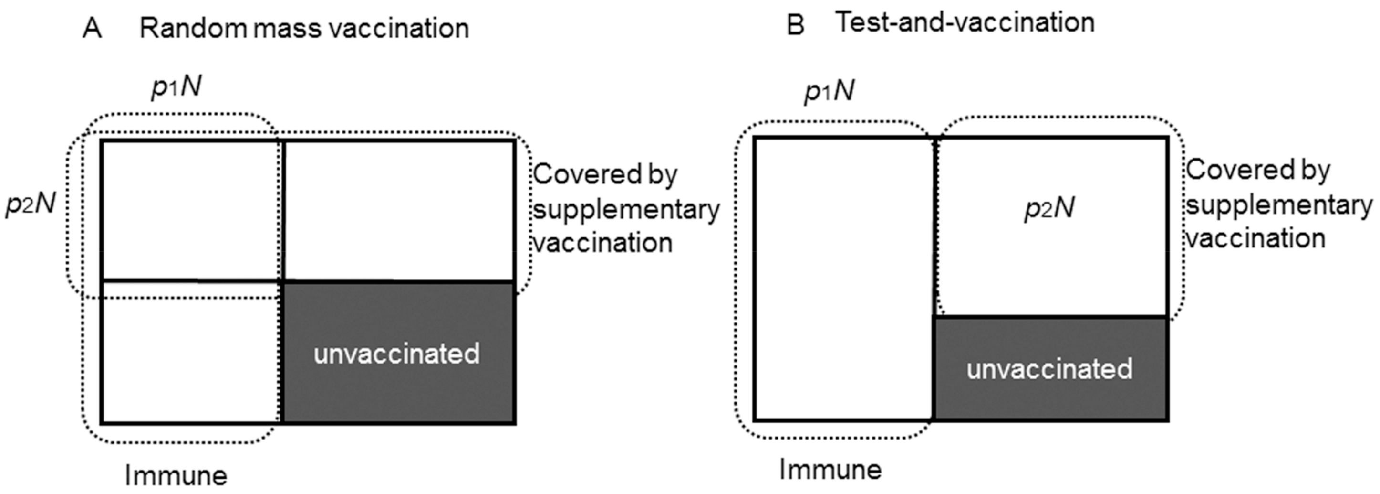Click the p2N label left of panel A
pos(31,204)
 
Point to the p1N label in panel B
pos(829,91)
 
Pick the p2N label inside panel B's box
pos(1049,208)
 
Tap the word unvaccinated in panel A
pos(396,354)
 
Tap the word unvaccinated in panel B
pos(1049,369)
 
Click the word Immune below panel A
pos(176,476)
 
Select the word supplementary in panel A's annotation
pos(626,210)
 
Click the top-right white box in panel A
pos(399,210)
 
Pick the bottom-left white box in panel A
pos(191,353)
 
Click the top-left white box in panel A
pos(191,210)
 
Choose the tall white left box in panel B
pos(844,279)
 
